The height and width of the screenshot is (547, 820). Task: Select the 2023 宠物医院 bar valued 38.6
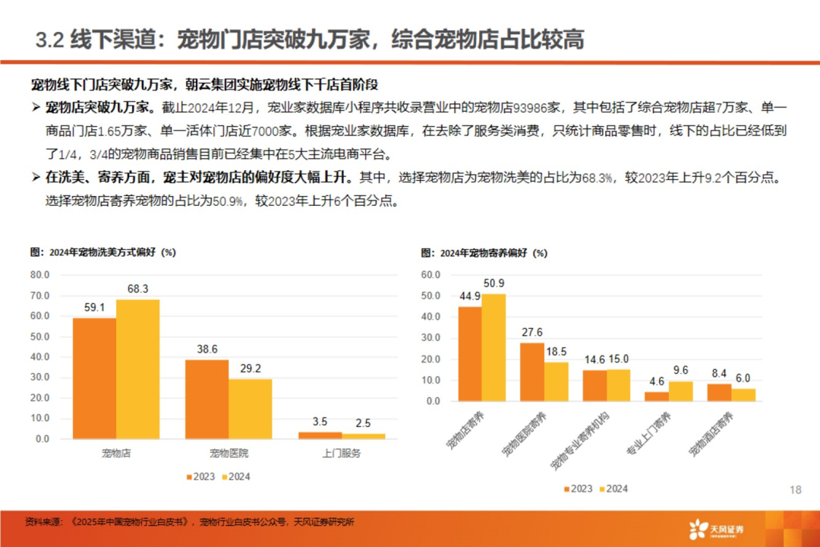click(207, 399)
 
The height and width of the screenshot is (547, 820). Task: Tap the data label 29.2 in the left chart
click(250, 368)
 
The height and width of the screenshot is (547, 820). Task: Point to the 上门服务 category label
click(341, 454)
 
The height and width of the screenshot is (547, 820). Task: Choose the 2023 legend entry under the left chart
click(200, 477)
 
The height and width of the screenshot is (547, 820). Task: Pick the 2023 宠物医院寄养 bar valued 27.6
click(531, 372)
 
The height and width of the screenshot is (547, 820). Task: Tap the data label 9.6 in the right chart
click(680, 370)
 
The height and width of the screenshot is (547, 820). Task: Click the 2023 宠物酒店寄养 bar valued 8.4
click(718, 392)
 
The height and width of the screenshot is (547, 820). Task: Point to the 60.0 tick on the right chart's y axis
click(430, 274)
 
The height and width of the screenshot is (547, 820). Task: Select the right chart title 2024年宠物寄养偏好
click(484, 253)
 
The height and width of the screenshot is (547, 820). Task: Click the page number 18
click(795, 490)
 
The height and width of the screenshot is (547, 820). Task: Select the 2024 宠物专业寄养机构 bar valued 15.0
click(618, 385)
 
